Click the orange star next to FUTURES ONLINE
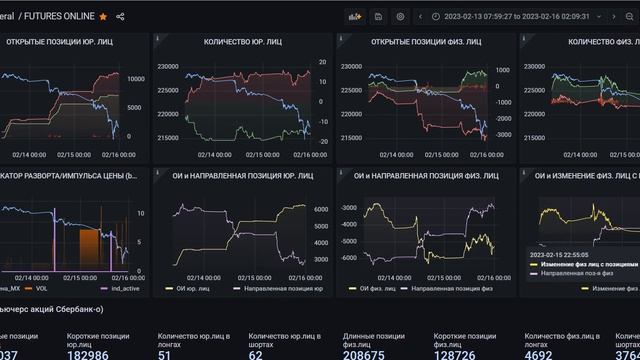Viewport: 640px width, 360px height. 103,16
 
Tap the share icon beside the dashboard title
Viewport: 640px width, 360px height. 121,16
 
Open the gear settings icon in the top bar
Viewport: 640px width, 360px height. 401,16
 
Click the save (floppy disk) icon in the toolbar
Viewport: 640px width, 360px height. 378,16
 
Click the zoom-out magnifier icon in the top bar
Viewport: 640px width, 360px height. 629,16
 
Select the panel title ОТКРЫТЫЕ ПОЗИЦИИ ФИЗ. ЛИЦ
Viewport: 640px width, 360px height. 425,42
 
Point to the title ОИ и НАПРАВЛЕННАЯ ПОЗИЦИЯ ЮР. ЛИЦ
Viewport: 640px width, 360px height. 243,174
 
